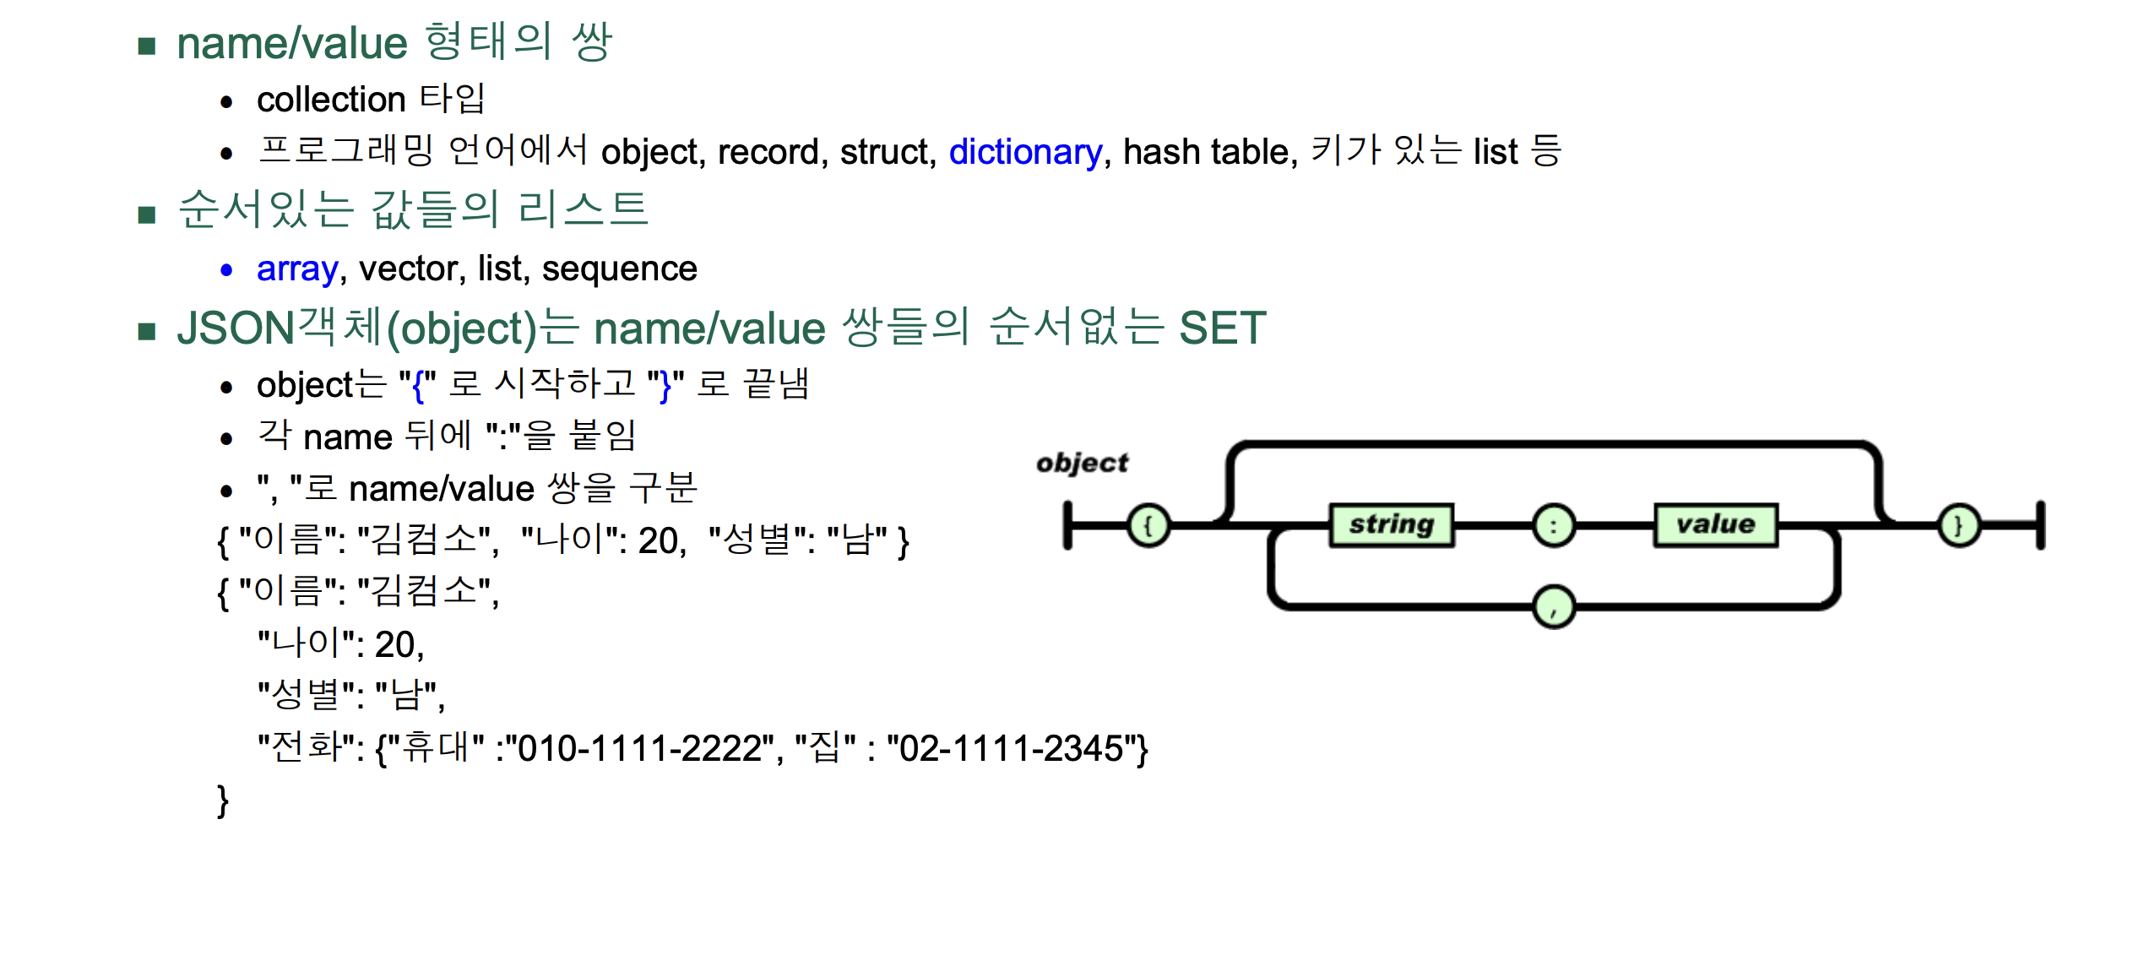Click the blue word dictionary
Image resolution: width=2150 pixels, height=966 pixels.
tap(1025, 152)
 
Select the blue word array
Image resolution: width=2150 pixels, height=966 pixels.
tap(297, 269)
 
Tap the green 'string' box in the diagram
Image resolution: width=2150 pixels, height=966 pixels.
tap(1392, 525)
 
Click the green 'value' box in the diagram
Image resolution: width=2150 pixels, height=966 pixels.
tap(1715, 525)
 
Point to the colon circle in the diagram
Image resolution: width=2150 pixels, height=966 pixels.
tap(1554, 525)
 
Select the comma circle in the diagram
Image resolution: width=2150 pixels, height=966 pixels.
tap(1554, 607)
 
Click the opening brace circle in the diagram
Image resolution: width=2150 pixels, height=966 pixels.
tap(1148, 525)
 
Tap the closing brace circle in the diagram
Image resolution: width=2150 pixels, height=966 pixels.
tap(1959, 525)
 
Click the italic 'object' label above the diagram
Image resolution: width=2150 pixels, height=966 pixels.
tap(1082, 463)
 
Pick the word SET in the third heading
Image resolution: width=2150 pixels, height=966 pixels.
tap(1222, 328)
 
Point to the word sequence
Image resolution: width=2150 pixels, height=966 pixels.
tap(619, 269)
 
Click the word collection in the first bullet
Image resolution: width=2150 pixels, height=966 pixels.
tap(331, 100)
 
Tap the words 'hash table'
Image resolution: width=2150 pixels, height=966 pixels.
tap(1208, 152)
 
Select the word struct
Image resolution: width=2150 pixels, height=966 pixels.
tap(887, 152)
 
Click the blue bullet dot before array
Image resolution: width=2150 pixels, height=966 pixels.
tap(226, 270)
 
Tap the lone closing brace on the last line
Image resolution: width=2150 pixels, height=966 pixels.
tap(223, 800)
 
